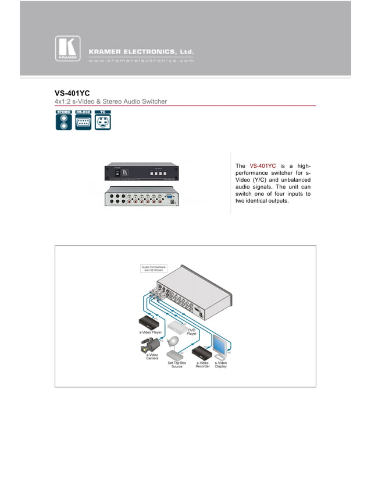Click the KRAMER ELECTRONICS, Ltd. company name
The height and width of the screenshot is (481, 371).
click(x=141, y=51)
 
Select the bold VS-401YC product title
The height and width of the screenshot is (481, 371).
click(x=72, y=93)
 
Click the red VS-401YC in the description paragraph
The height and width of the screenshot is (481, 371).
click(x=262, y=166)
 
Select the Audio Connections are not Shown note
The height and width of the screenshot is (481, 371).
click(x=154, y=268)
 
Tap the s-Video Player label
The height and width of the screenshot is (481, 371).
click(x=150, y=331)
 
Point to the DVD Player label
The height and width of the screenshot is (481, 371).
click(x=191, y=332)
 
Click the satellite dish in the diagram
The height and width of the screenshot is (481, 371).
click(x=174, y=342)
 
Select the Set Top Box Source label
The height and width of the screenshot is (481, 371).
click(x=177, y=365)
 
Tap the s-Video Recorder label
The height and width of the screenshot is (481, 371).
click(x=202, y=365)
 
